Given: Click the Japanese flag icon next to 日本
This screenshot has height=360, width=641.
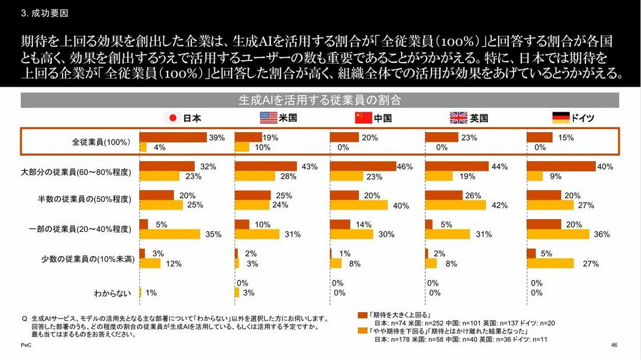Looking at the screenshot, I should coord(173,118).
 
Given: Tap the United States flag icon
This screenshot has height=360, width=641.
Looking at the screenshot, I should coord(268,118).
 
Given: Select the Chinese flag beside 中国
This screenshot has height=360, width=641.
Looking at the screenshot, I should coord(363,118).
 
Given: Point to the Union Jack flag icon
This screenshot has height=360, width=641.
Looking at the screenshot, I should coord(458,118).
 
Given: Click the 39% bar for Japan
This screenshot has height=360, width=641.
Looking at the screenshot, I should coord(173,137).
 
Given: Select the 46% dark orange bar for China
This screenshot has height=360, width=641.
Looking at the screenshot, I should coord(363,167).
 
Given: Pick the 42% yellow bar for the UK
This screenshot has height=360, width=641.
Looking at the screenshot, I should coord(456,205).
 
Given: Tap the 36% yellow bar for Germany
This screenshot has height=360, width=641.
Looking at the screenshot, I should coord(558,234).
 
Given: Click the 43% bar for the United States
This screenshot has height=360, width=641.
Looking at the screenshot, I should coord(265,167).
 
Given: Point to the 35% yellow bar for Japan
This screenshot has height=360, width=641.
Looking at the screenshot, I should coord(170,234).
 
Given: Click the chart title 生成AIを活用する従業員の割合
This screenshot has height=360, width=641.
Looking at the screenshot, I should coord(320,100).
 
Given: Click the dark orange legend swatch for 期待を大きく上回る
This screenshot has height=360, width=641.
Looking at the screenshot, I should coord(361,315).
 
